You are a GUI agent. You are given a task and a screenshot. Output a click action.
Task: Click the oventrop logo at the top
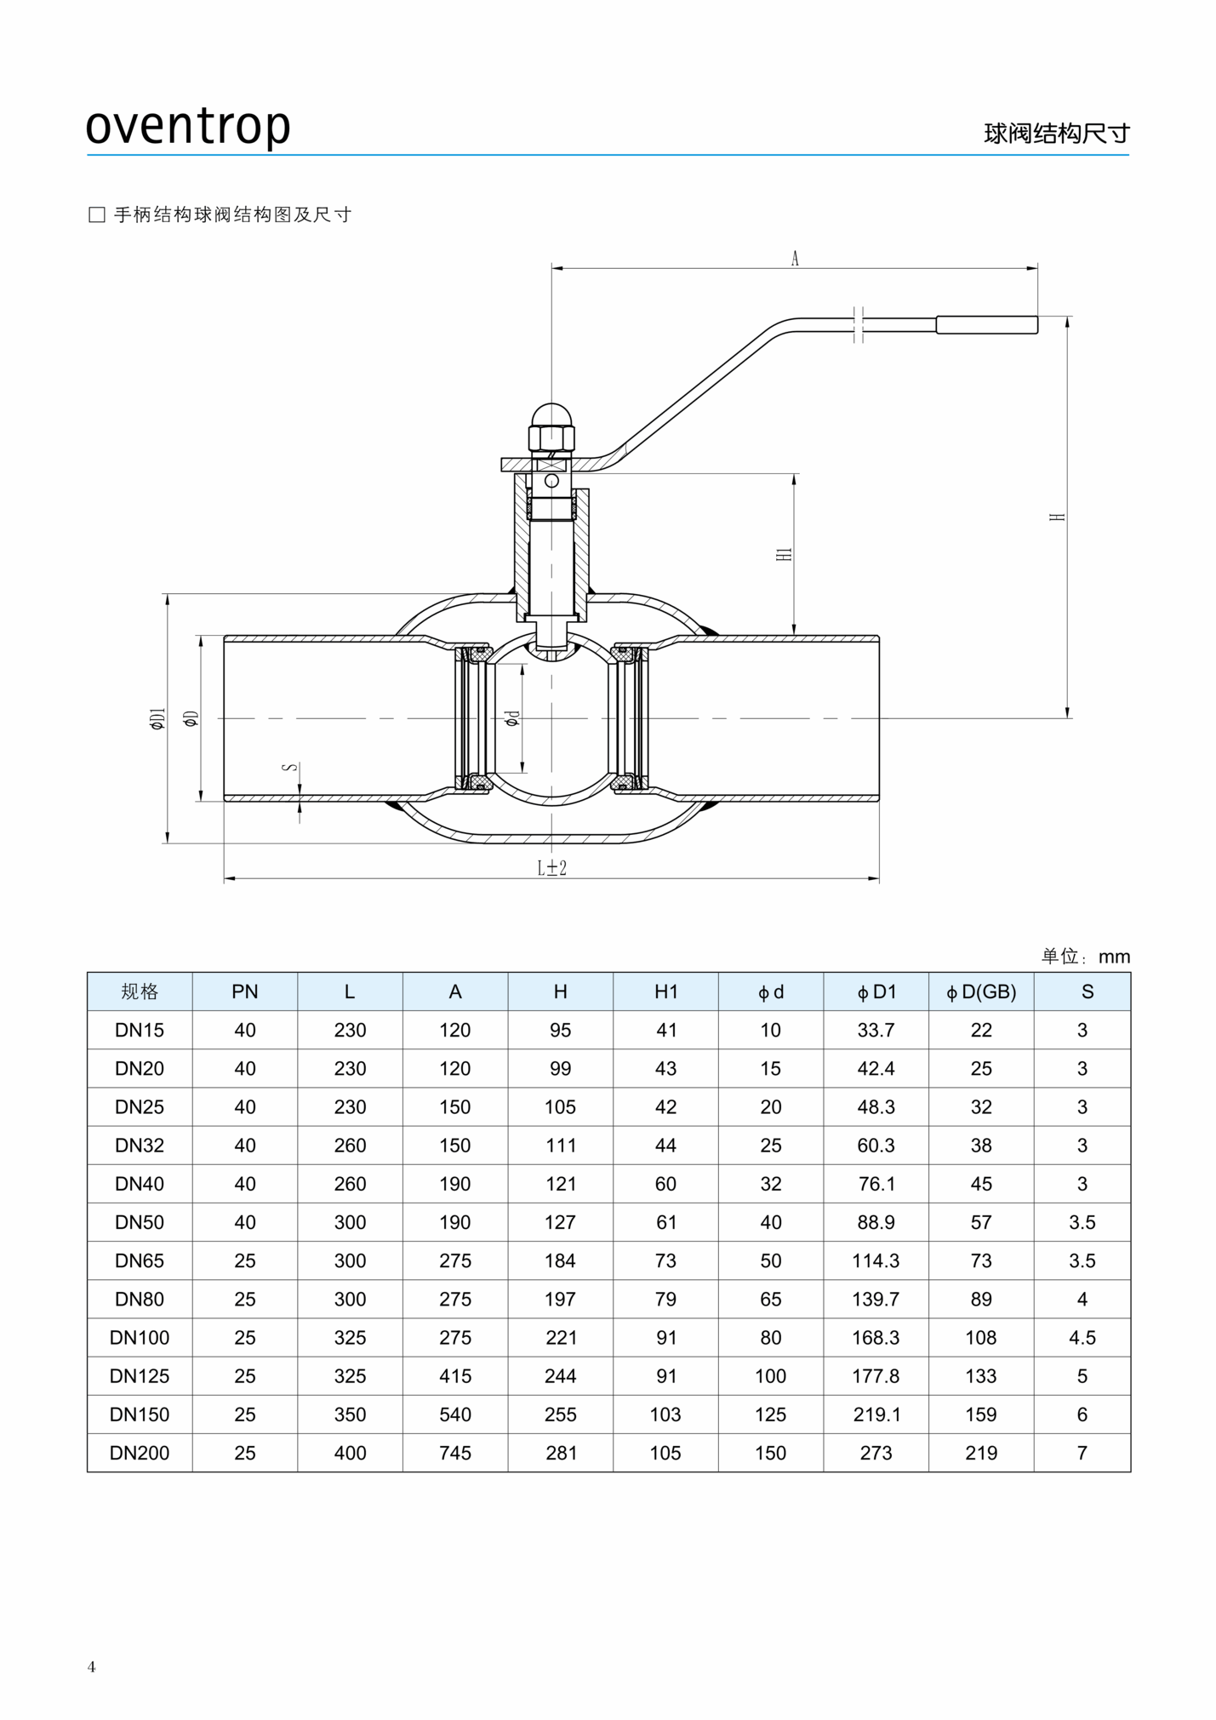(x=188, y=126)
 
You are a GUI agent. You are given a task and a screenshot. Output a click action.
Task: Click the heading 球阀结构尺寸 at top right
(x=1056, y=134)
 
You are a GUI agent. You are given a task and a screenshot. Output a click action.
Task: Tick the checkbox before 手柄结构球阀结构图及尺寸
(x=97, y=214)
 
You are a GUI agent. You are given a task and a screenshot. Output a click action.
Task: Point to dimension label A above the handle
(x=795, y=258)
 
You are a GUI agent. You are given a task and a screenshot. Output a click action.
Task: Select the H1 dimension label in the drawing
(x=785, y=554)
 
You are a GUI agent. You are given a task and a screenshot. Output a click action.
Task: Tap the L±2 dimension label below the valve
(x=551, y=867)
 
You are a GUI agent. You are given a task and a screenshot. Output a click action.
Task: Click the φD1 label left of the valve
(x=158, y=719)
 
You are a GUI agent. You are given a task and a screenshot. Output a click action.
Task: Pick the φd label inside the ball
(x=511, y=718)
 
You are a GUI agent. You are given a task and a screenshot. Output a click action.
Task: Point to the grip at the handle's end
(x=986, y=324)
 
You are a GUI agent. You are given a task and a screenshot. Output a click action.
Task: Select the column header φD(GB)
(x=981, y=991)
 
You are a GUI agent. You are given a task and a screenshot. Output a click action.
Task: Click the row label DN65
(x=140, y=1260)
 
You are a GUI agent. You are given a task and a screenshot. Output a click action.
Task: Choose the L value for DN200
(x=350, y=1453)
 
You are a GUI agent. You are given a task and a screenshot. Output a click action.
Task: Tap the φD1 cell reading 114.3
(x=876, y=1260)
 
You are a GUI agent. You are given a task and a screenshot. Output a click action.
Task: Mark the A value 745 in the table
(x=455, y=1453)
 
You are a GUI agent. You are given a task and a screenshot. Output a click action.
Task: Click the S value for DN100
(x=1082, y=1337)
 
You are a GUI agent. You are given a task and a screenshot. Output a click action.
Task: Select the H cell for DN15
(x=560, y=1030)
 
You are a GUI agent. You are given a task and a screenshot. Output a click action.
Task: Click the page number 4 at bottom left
(x=92, y=1666)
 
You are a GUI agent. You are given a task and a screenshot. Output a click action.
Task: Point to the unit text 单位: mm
(x=1085, y=956)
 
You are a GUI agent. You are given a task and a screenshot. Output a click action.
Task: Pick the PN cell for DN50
(x=245, y=1222)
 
